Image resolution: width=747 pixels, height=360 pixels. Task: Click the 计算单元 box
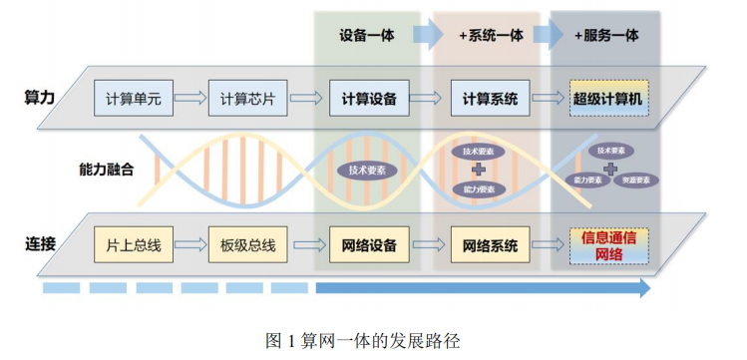pos(133,98)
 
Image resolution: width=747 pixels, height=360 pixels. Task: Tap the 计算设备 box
pos(369,98)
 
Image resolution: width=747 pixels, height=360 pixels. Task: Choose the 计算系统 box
pos(490,98)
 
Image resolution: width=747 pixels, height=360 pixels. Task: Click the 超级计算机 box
pos(609,98)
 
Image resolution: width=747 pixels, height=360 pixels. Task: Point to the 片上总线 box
pos(133,244)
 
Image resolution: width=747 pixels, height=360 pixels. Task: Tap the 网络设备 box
pos(369,244)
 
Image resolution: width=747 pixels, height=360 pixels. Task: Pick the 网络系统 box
pos(490,244)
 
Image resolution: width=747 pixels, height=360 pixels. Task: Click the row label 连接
pos(39,243)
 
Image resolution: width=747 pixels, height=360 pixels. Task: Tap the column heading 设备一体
pos(366,35)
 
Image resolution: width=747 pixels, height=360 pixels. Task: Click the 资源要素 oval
pos(635,180)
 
